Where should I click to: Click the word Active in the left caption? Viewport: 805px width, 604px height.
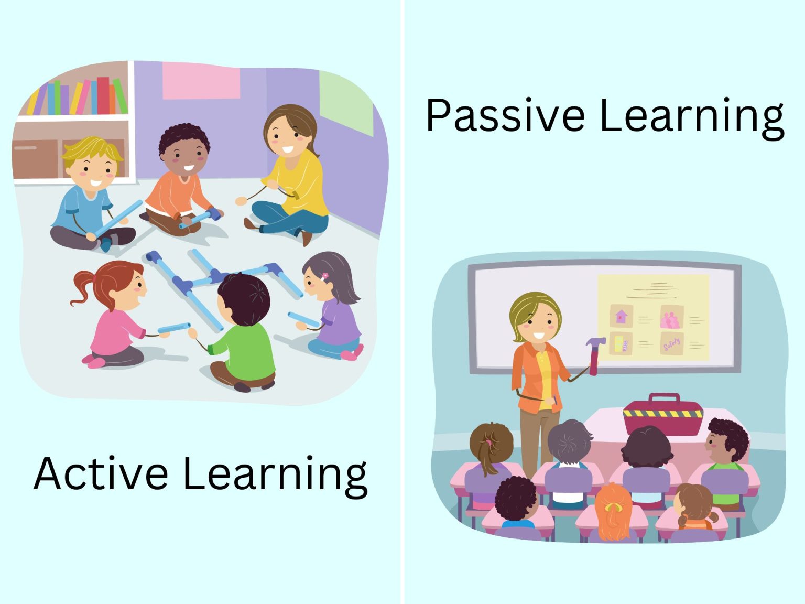click(101, 473)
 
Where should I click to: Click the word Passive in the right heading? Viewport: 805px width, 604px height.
click(505, 116)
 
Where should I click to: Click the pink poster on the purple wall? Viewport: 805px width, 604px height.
click(201, 81)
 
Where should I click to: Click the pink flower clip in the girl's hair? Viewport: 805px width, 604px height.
click(324, 275)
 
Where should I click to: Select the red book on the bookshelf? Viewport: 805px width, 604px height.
click(103, 95)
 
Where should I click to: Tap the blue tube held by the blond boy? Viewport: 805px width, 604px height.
click(118, 218)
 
